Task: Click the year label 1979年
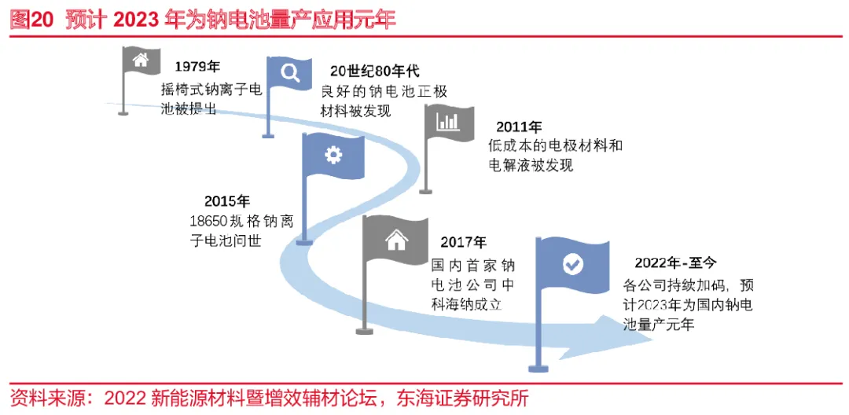pos(197,67)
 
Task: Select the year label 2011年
pos(519,127)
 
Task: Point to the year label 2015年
pos(227,201)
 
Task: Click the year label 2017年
pos(463,243)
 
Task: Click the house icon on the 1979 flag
pos(141,60)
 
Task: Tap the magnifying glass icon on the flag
pos(290,72)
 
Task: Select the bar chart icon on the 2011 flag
pos(449,122)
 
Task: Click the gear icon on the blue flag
pos(333,156)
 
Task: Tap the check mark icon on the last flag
pos(573,264)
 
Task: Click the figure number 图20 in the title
pos(31,20)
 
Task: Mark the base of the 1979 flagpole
pos(123,113)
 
